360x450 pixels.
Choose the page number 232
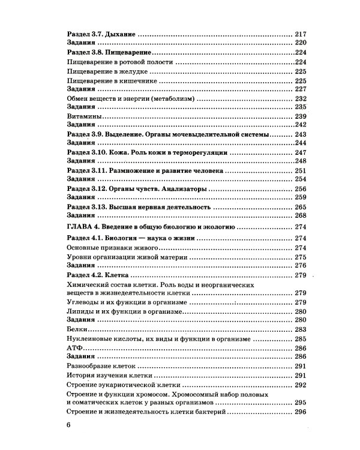[301, 98]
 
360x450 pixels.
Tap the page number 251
[301, 171]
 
